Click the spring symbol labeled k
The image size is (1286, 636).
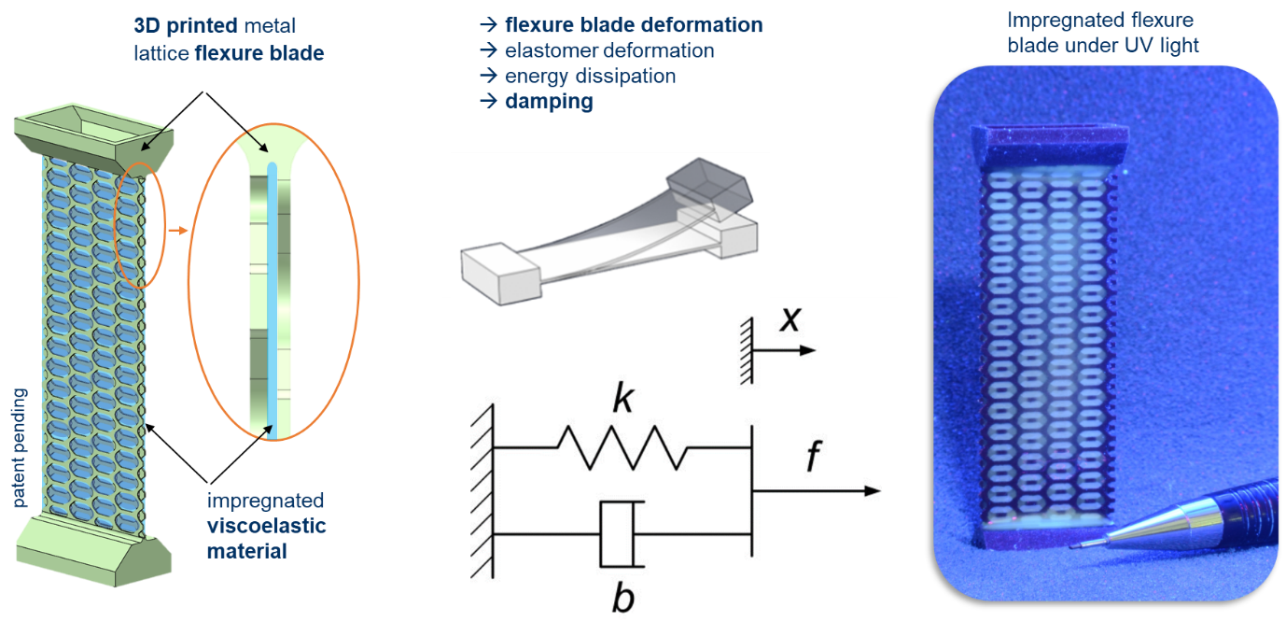(x=622, y=447)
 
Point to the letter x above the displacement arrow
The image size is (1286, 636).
(x=790, y=320)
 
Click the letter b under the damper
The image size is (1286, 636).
(x=622, y=598)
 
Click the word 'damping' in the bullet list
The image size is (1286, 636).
(x=549, y=101)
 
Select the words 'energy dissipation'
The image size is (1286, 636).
(x=590, y=76)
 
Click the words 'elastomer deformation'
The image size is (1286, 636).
(x=609, y=50)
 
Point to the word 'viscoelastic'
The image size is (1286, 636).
(x=267, y=526)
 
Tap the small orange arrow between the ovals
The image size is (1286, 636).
(x=178, y=229)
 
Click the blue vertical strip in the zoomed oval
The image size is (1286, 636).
(x=272, y=299)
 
